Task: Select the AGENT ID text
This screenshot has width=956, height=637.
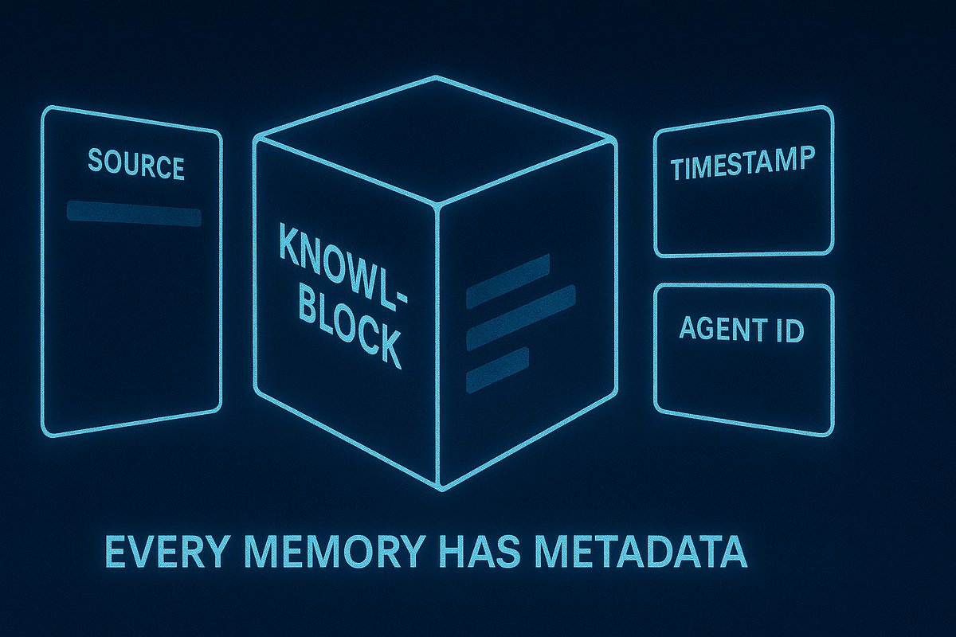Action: tap(741, 328)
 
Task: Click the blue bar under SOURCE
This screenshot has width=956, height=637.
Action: tap(134, 213)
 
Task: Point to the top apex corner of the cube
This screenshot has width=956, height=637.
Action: tap(436, 77)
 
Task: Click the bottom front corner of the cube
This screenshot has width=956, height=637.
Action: tap(439, 487)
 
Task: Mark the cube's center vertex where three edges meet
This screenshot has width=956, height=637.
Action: tap(437, 204)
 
